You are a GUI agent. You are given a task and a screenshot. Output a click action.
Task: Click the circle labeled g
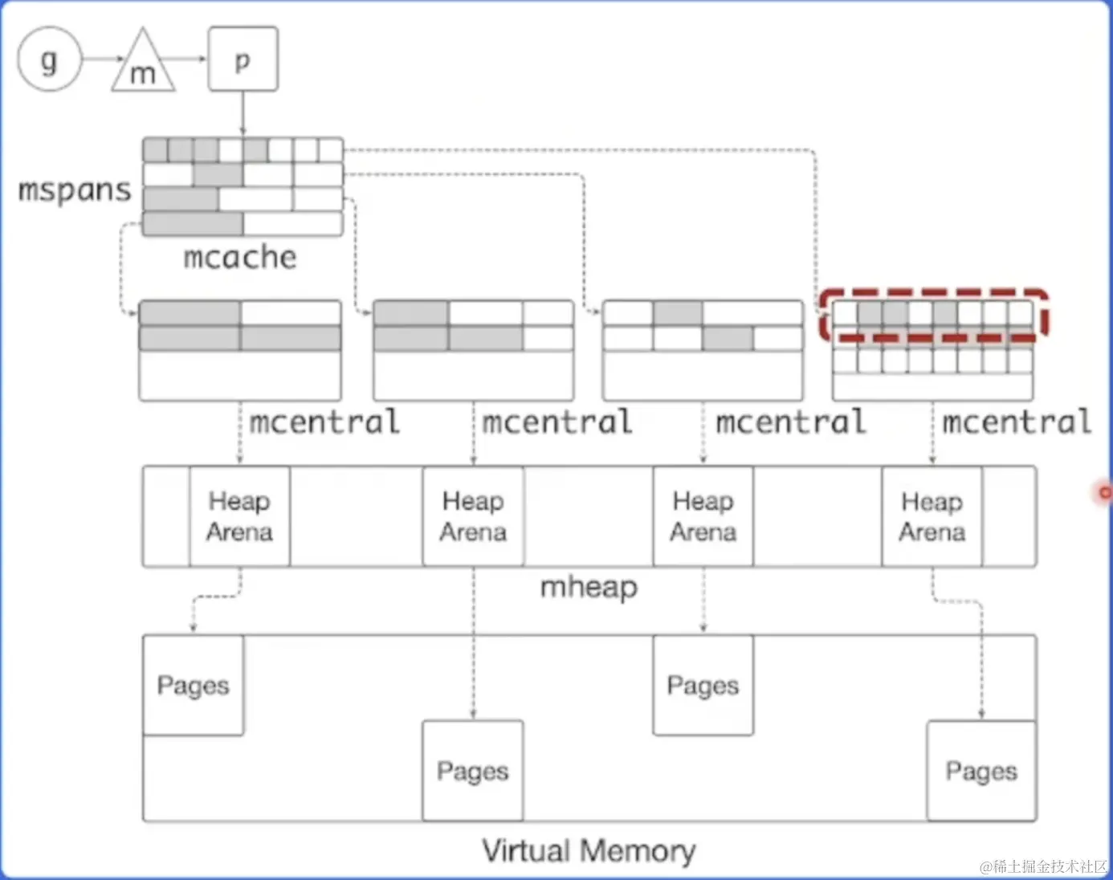(50, 59)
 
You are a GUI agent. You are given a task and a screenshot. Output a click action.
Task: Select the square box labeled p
(243, 59)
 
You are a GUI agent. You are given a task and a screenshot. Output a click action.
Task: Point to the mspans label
(75, 190)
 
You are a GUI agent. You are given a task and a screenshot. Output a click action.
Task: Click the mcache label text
(240, 257)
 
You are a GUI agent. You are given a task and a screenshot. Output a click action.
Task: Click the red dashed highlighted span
(934, 314)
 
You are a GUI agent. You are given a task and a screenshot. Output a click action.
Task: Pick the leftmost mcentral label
(324, 422)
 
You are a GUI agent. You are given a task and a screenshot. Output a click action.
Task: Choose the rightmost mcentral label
(1017, 422)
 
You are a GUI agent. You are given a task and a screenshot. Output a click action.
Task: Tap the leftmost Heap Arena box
(239, 516)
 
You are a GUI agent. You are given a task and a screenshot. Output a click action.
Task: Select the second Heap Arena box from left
(473, 516)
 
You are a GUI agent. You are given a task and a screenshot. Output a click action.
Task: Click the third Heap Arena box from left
(703, 516)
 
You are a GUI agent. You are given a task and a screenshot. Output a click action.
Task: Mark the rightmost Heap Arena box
(932, 516)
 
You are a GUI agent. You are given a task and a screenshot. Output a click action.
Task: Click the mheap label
(589, 587)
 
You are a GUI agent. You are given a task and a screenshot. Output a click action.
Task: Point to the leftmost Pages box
(193, 685)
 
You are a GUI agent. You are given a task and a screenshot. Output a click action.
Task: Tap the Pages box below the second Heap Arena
(473, 771)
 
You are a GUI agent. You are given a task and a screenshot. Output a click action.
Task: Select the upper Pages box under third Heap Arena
(703, 685)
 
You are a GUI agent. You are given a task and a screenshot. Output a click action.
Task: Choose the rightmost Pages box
(981, 771)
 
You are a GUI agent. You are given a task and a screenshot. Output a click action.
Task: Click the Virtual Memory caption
(589, 850)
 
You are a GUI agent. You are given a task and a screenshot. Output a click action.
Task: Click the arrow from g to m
(102, 59)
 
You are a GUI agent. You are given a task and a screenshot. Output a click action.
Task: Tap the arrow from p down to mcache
(243, 113)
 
